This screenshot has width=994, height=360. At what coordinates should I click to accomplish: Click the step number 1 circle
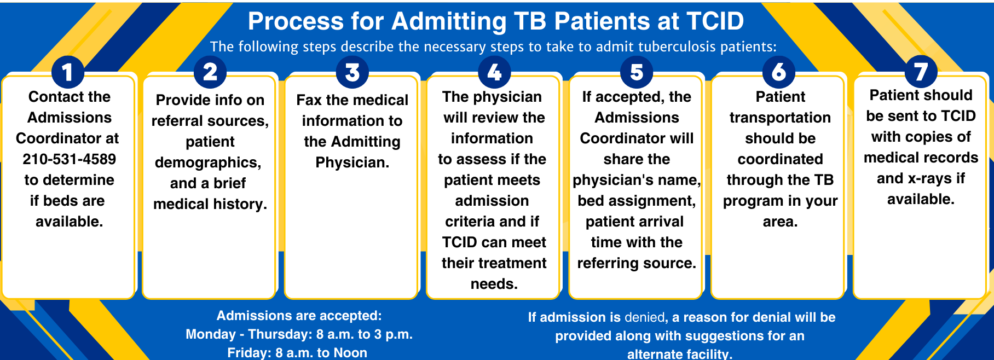(68, 72)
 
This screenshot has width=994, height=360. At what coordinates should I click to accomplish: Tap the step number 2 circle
(210, 72)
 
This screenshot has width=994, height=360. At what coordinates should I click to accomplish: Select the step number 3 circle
(352, 72)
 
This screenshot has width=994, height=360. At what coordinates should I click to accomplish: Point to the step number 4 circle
(494, 72)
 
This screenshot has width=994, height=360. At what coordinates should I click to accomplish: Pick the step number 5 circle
(637, 72)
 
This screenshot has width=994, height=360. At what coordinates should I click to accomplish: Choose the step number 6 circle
(779, 72)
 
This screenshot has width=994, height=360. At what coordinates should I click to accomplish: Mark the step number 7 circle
(921, 72)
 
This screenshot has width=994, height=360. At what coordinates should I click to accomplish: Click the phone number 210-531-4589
(70, 159)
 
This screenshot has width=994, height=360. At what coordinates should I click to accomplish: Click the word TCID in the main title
(715, 21)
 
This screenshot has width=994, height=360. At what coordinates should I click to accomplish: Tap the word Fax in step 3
(309, 100)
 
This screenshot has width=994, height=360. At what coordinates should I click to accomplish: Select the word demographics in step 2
(208, 162)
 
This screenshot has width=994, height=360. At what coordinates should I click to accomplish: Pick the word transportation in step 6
(780, 118)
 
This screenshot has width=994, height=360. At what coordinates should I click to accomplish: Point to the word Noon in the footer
(350, 353)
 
